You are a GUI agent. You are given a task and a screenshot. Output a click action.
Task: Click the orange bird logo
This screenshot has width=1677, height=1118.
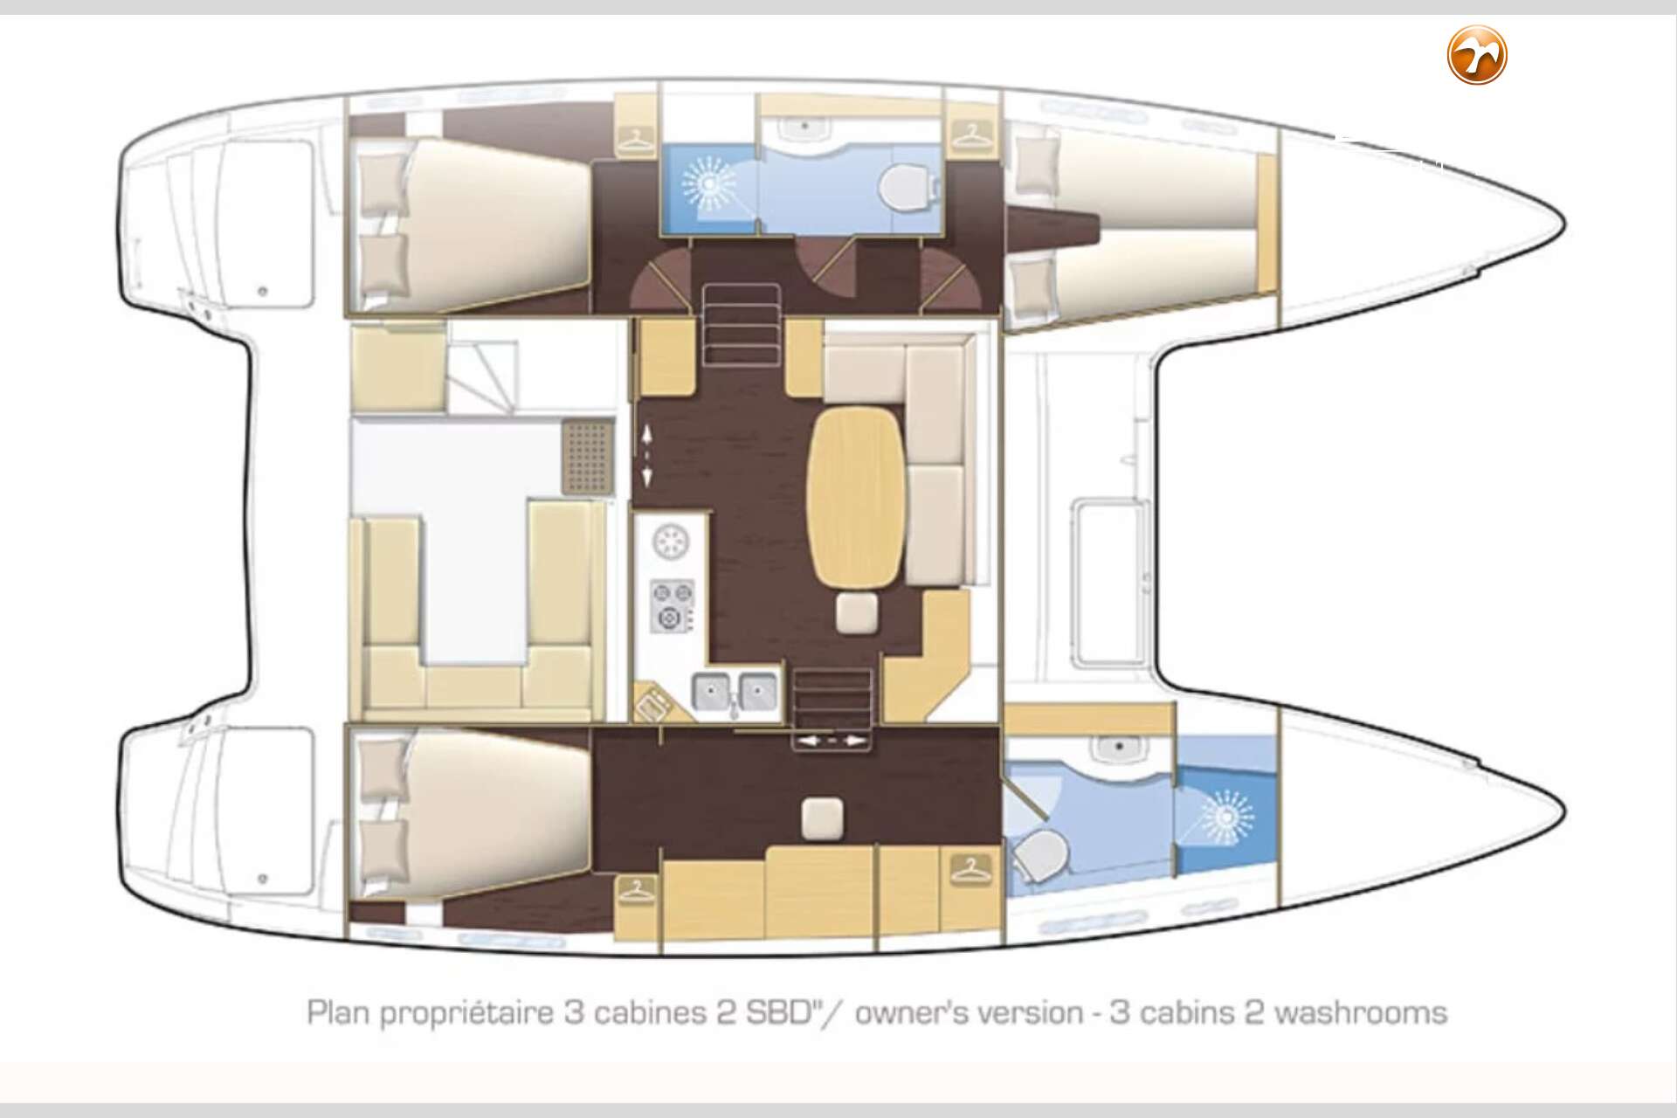tap(1478, 55)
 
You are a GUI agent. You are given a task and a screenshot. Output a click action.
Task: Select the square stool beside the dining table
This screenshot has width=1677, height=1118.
tap(852, 612)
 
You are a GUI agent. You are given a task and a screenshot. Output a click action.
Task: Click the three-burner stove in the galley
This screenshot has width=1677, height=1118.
tap(673, 605)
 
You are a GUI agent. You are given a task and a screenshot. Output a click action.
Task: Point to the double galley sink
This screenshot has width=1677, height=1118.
tap(735, 693)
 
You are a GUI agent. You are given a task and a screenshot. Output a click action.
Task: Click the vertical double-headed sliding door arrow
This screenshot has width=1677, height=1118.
tap(647, 456)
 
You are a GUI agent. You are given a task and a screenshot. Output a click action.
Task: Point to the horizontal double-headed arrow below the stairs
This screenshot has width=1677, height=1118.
tap(830, 741)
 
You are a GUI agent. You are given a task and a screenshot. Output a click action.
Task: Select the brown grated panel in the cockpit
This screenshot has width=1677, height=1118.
tap(588, 457)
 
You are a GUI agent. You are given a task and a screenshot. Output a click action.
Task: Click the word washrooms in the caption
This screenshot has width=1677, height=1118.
tap(1361, 1013)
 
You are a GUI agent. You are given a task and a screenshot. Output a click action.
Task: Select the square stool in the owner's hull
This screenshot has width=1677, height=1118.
tap(823, 818)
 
